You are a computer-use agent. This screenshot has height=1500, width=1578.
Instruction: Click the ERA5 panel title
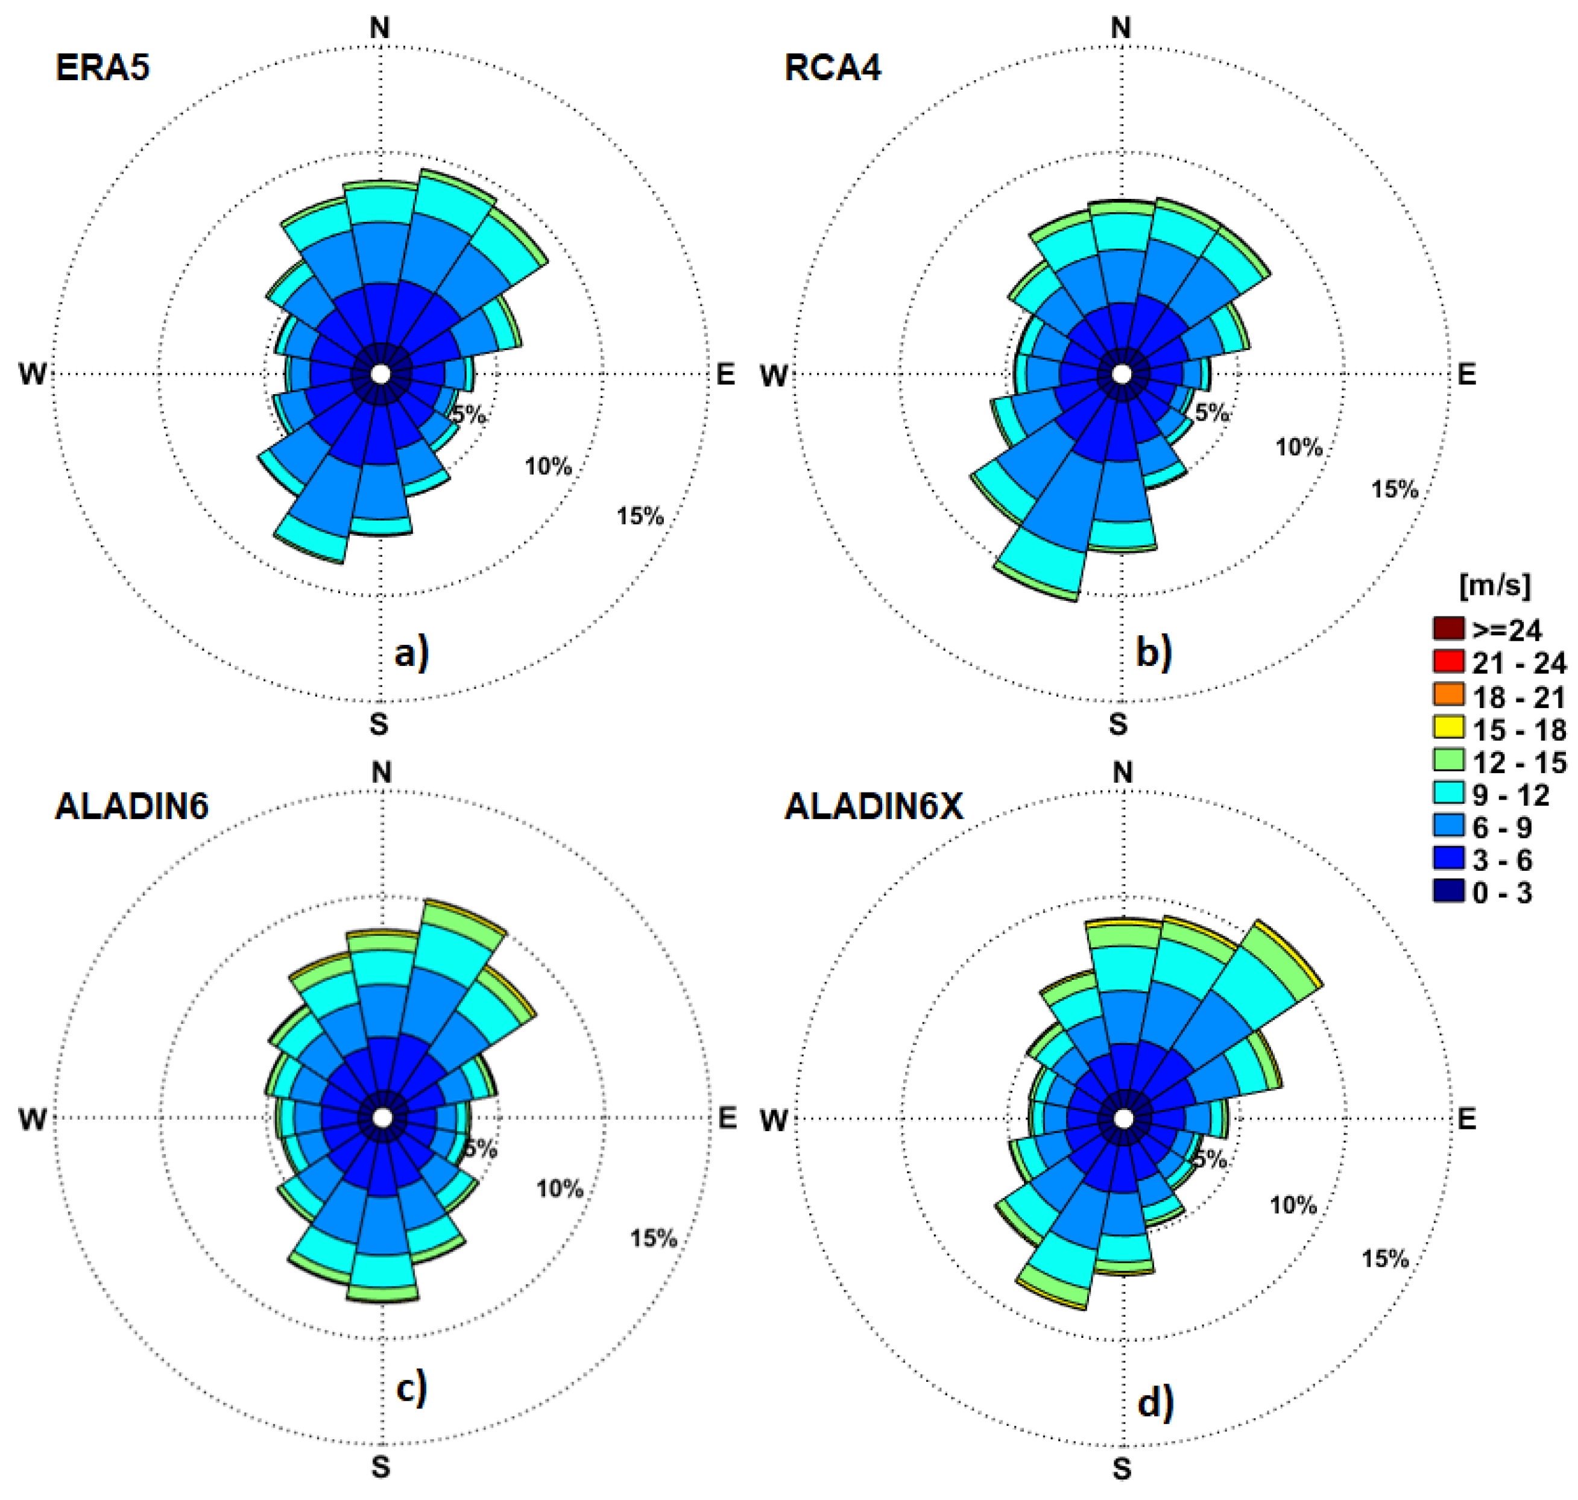pyautogui.click(x=103, y=67)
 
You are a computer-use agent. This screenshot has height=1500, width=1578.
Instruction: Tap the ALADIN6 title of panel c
pyautogui.click(x=131, y=806)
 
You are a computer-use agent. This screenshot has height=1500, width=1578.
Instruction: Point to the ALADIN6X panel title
pyautogui.click(x=873, y=806)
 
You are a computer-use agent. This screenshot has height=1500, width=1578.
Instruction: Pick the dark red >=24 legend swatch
pyautogui.click(x=1448, y=629)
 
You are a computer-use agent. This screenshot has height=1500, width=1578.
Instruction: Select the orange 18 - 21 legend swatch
pyautogui.click(x=1448, y=694)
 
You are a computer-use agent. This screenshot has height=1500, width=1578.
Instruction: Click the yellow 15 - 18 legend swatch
pyautogui.click(x=1448, y=727)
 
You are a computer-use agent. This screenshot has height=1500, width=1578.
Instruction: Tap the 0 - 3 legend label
pyautogui.click(x=1502, y=893)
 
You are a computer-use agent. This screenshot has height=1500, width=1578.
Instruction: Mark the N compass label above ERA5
pyautogui.click(x=380, y=28)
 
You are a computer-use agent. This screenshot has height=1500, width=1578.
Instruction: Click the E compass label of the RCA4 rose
pyautogui.click(x=1466, y=374)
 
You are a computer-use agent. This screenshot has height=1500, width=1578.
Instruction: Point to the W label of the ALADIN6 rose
pyautogui.click(x=33, y=1119)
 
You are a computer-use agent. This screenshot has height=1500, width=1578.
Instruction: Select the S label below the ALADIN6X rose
pyautogui.click(x=1122, y=1468)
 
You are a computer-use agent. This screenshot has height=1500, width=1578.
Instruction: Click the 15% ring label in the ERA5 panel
pyautogui.click(x=640, y=516)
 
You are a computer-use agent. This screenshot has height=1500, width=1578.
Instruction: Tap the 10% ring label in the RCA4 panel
pyautogui.click(x=1299, y=447)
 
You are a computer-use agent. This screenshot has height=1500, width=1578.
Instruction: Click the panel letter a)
pyautogui.click(x=412, y=653)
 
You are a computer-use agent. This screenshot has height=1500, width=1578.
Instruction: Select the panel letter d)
pyautogui.click(x=1155, y=1402)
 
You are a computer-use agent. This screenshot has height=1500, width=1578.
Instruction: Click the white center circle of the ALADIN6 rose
pyautogui.click(x=382, y=1118)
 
